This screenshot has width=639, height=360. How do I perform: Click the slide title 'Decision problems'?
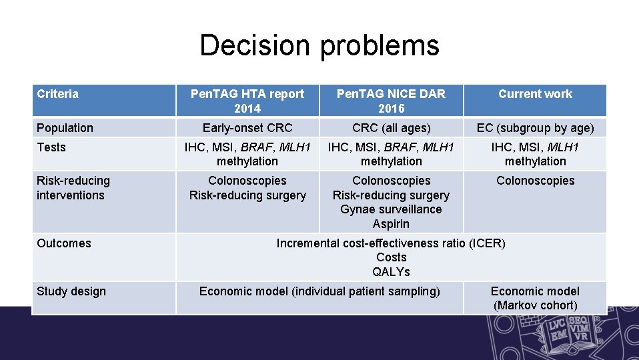319,45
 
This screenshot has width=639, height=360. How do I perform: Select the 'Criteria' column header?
57,94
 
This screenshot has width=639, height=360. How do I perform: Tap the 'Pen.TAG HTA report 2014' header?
247,101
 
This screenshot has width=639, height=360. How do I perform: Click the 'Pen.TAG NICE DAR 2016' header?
391,101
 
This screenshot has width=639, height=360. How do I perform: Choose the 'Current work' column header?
535,94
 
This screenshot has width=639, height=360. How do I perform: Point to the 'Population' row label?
65,128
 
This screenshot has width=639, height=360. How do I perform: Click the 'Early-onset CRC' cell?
247,128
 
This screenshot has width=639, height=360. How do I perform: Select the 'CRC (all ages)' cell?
391,128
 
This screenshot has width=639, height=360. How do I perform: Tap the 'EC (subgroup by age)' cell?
535,128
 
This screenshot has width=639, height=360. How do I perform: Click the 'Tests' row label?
51,147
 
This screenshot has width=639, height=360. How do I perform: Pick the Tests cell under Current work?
535,154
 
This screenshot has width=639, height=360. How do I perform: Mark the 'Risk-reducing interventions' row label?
73,188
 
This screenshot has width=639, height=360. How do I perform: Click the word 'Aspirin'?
391,224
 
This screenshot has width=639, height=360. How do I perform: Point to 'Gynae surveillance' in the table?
391,209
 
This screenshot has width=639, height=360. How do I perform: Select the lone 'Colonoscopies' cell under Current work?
535,181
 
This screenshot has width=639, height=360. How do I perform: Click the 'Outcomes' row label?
64,243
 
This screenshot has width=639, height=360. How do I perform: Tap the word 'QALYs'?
391,272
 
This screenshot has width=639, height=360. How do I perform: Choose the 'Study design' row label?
71,291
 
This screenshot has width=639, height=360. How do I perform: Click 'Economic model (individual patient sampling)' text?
319,291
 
